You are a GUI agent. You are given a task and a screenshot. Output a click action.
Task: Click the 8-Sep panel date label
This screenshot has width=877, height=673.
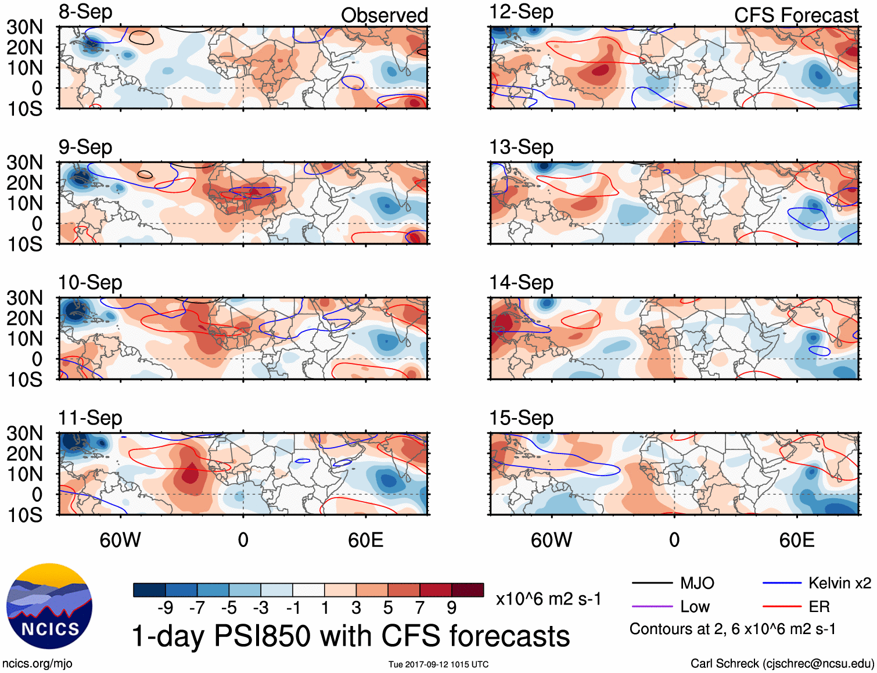[85, 12]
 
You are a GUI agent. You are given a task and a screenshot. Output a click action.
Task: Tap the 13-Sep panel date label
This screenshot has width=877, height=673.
[521, 147]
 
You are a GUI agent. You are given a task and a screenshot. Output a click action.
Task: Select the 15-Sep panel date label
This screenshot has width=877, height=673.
[521, 418]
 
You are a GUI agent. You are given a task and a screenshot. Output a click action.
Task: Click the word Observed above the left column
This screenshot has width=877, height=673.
[384, 15]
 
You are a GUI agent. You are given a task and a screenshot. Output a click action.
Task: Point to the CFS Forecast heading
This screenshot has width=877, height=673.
[796, 15]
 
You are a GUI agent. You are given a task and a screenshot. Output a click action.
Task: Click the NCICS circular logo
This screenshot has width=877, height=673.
[49, 606]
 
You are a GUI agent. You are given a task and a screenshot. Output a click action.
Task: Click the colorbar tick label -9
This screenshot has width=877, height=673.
[165, 608]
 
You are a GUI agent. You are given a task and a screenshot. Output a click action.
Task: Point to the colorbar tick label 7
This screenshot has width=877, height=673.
[420, 608]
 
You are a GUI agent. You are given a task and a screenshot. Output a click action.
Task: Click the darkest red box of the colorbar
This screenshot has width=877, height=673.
[468, 590]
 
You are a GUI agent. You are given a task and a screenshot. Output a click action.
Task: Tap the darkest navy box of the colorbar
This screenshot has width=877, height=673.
[149, 590]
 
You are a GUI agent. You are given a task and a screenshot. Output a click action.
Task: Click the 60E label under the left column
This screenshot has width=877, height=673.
[365, 540]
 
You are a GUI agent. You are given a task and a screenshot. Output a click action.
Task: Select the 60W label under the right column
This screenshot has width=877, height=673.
[551, 540]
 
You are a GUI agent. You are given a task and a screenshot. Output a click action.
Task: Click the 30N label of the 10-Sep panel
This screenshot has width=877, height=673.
[25, 298]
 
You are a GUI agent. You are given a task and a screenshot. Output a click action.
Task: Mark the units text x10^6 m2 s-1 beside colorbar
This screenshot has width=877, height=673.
[548, 599]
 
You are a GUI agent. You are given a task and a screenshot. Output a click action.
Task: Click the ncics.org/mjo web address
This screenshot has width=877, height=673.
[37, 663]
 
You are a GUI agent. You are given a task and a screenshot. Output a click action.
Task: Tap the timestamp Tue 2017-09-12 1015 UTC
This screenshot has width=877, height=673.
[438, 664]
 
